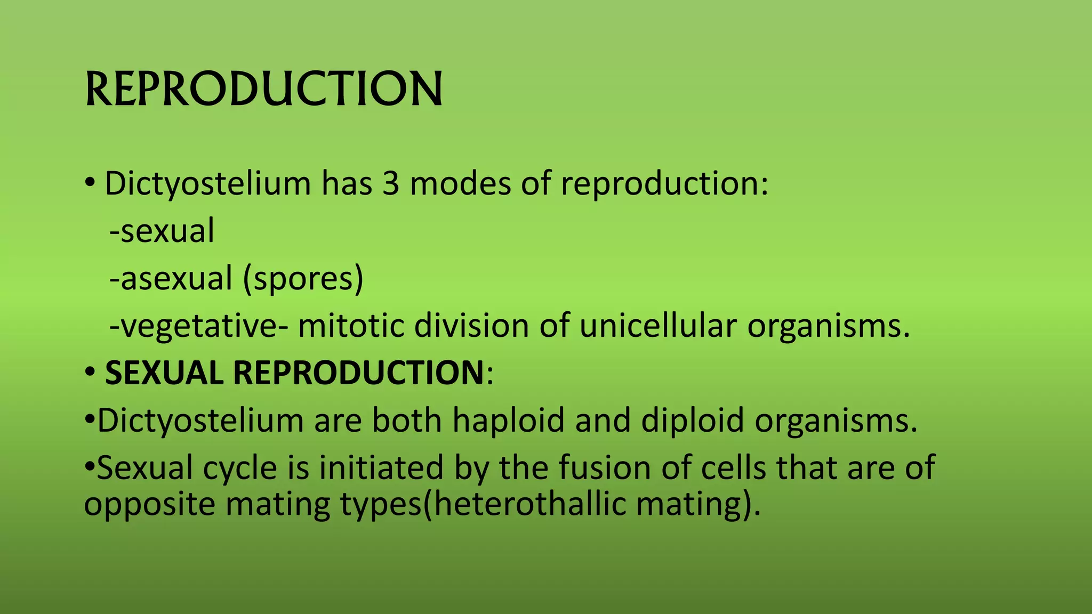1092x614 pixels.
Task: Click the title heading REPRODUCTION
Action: (x=263, y=88)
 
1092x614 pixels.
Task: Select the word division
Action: (x=471, y=326)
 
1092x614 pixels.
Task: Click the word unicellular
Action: (x=658, y=326)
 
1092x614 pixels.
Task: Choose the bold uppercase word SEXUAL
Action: (x=164, y=373)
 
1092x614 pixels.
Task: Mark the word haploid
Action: (x=508, y=420)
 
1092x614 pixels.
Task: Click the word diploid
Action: (x=692, y=420)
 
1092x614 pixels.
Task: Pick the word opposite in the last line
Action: (x=149, y=504)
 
